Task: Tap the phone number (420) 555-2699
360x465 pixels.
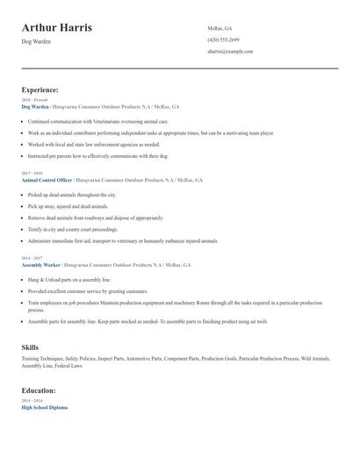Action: pyautogui.click(x=223, y=40)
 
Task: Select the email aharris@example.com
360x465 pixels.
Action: pyautogui.click(x=230, y=52)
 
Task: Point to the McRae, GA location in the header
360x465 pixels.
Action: pyautogui.click(x=220, y=28)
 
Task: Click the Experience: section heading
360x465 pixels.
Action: pyautogui.click(x=40, y=89)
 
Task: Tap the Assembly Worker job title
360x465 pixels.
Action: pyautogui.click(x=42, y=264)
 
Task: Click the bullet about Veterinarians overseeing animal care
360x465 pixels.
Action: pyautogui.click(x=97, y=122)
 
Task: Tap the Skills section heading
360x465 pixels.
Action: pyautogui.click(x=30, y=347)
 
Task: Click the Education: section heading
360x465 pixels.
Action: pyautogui.click(x=39, y=390)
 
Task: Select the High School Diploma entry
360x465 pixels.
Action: pyautogui.click(x=44, y=407)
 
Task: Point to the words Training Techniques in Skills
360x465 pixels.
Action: pyautogui.click(x=42, y=359)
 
